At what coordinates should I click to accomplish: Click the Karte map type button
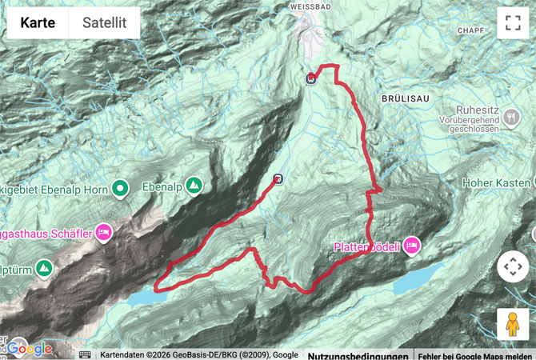tap(38, 23)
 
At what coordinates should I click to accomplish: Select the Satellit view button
tap(104, 23)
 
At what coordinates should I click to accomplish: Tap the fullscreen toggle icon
tap(513, 23)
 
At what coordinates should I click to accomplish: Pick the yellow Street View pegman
tap(513, 324)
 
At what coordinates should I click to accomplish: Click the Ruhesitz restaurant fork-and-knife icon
tap(512, 118)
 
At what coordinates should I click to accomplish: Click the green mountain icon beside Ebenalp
tap(194, 186)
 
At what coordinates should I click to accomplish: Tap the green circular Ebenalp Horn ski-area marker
tap(120, 188)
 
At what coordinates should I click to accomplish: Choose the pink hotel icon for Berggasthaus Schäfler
tap(102, 232)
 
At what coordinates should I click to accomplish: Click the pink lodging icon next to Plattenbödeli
tap(412, 245)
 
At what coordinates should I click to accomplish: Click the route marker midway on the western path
tap(278, 179)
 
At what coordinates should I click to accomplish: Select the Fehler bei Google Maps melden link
tap(476, 354)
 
